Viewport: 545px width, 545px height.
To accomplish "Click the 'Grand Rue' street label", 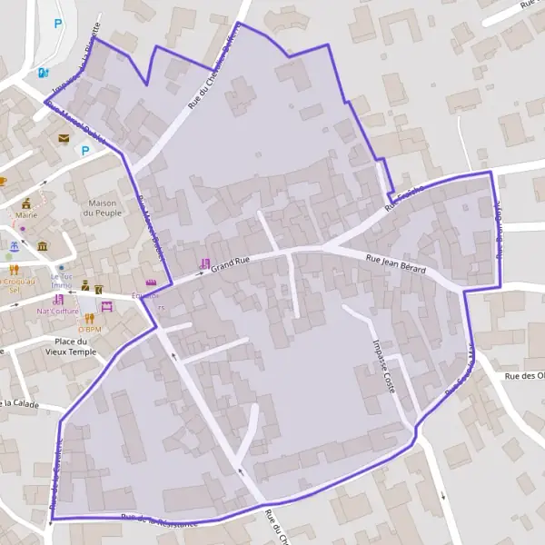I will click(x=230, y=263).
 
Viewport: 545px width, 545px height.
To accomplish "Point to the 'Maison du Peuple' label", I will click(x=103, y=207).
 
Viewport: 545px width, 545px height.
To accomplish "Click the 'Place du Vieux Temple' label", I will click(x=69, y=345).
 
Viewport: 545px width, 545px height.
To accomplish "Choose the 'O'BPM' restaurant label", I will click(x=89, y=329).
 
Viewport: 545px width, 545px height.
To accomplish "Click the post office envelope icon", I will click(x=64, y=138).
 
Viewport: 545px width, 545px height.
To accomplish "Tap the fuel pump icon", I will click(x=43, y=73).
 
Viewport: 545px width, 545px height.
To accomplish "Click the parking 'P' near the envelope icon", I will click(x=86, y=151).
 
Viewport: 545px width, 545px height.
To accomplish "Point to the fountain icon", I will click(x=14, y=246).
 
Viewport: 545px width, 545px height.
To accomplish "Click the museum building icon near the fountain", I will click(x=43, y=246).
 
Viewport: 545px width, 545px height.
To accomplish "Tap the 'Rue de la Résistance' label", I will click(x=159, y=520).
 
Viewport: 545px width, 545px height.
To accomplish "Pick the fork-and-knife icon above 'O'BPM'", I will click(x=89, y=318).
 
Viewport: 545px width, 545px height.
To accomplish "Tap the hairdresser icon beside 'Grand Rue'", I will click(x=203, y=263).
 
